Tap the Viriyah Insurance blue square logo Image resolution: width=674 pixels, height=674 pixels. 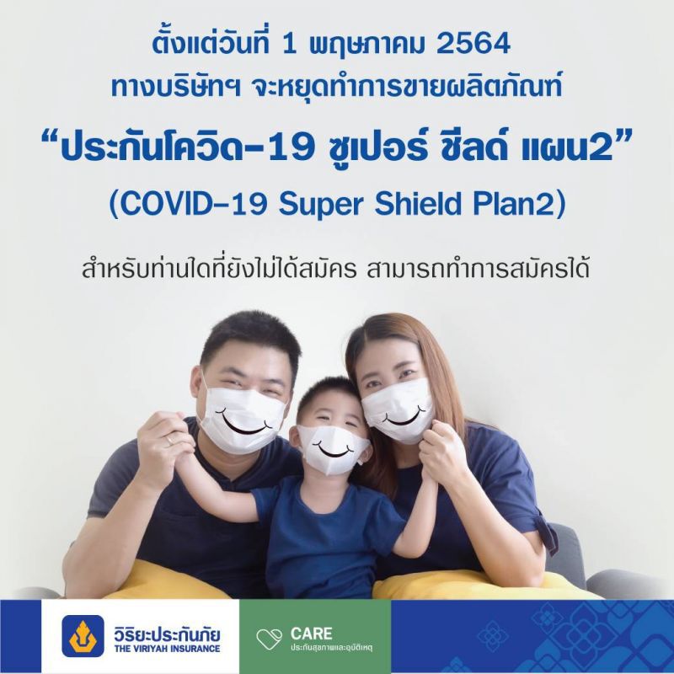click(x=83, y=636)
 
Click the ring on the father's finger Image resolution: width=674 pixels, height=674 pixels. click(x=169, y=439)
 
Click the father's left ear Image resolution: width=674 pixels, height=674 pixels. click(x=203, y=390)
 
